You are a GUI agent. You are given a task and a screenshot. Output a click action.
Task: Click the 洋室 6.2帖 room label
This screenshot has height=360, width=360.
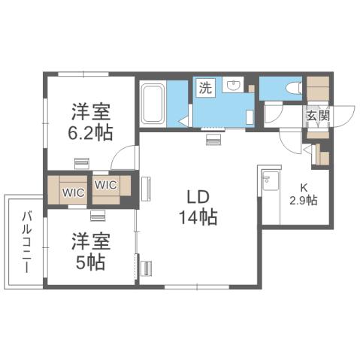click(91, 122)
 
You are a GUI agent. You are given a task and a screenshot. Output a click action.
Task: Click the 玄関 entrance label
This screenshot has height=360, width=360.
click(318, 116)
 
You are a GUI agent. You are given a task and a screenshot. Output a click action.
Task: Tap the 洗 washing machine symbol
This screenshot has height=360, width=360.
click(205, 88)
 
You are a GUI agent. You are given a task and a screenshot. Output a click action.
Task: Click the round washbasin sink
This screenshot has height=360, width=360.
click(231, 87)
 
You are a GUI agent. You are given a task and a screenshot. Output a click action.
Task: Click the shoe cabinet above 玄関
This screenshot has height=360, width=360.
click(318, 89)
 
